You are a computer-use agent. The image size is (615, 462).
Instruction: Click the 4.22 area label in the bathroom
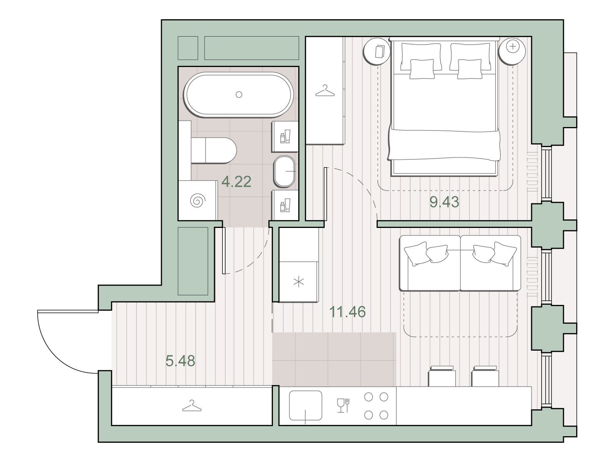point(236,182)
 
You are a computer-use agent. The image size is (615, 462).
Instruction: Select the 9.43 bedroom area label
point(444,202)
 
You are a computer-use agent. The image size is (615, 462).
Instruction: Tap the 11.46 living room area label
point(347,312)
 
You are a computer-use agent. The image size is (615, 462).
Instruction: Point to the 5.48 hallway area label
point(180,361)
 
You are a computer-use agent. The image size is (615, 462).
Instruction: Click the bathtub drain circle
point(239,95)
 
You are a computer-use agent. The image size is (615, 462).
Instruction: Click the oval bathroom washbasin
point(284,171)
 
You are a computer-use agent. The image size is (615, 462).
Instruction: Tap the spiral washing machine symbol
point(198,201)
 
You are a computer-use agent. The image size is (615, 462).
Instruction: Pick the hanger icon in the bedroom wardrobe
point(325,90)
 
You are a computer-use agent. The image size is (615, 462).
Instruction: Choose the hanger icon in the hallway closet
point(192,406)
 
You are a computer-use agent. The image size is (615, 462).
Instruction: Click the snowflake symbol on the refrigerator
point(299,282)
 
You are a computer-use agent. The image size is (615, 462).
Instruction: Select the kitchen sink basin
point(306,406)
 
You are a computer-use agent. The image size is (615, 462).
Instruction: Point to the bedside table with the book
point(377,52)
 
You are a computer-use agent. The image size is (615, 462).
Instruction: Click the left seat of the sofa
point(430,263)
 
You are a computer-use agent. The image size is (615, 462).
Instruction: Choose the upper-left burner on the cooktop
point(369,397)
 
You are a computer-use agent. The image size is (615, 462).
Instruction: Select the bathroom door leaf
point(224,250)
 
